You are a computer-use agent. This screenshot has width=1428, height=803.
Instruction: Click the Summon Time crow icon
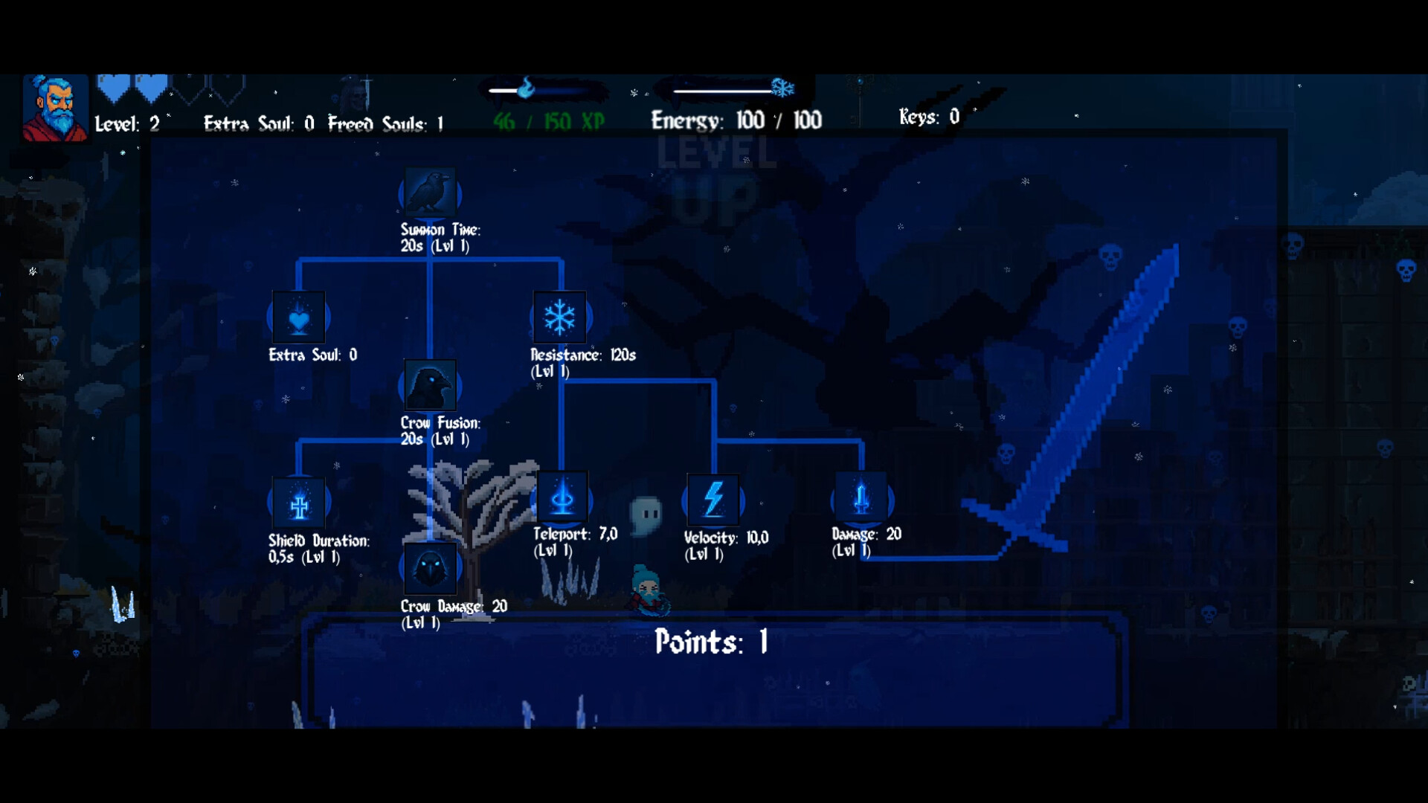click(x=430, y=192)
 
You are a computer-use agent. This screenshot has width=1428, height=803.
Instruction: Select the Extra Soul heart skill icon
click(x=299, y=317)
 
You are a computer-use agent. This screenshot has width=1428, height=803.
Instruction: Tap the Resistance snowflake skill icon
click(x=559, y=317)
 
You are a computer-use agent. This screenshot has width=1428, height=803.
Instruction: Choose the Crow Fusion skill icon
click(x=430, y=385)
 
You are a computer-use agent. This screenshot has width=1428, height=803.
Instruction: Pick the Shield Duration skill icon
click(x=299, y=503)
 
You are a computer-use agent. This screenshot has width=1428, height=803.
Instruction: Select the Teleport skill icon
click(x=562, y=497)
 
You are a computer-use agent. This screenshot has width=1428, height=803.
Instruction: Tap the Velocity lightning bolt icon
click(x=713, y=499)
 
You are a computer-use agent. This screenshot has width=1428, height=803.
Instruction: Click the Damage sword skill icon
click(x=861, y=497)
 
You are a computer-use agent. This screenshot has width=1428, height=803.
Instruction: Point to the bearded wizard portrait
click(x=55, y=108)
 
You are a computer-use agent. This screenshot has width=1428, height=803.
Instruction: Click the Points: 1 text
click(x=711, y=642)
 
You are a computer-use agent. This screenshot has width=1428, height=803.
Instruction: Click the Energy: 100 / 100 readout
click(x=736, y=120)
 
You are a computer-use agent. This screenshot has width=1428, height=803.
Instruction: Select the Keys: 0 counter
click(x=929, y=117)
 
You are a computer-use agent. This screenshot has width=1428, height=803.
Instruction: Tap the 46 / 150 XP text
click(x=549, y=121)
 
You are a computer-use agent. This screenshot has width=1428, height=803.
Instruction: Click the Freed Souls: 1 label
click(x=385, y=123)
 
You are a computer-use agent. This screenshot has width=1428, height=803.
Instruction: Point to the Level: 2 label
click(x=127, y=123)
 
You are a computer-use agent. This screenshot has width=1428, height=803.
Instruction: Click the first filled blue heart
click(x=113, y=88)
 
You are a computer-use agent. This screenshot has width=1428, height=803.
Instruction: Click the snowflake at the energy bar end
click(x=782, y=88)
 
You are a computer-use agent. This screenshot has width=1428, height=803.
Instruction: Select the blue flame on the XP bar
click(x=526, y=88)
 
